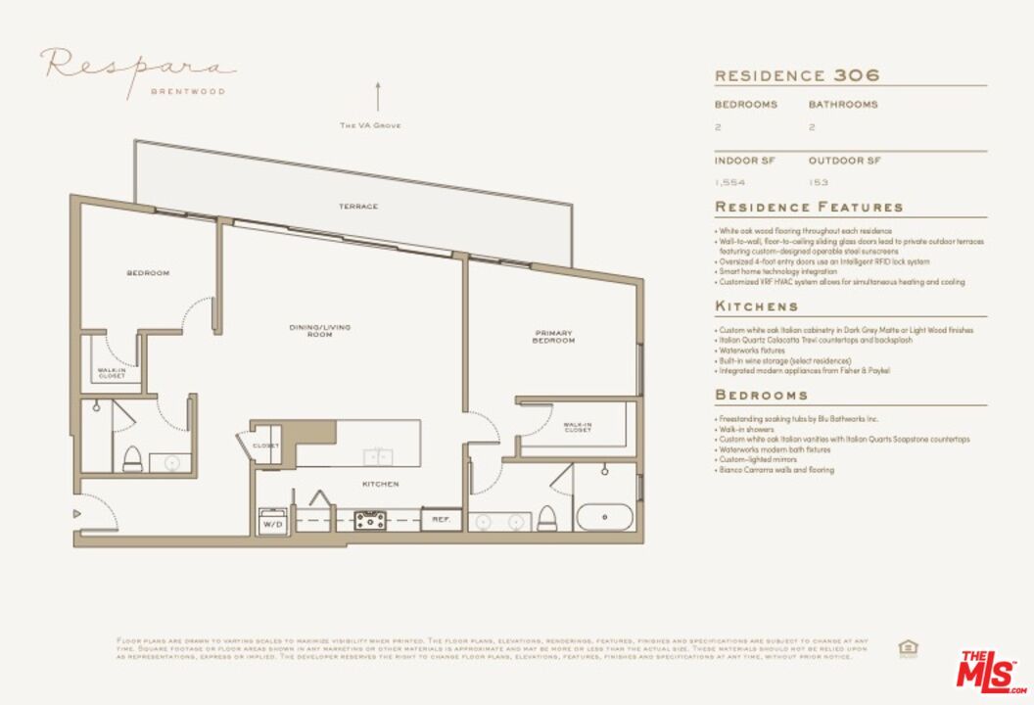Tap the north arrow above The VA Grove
coord(377,98)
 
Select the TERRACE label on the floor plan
coord(358,207)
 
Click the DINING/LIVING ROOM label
coord(319,331)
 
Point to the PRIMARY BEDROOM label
coord(553,337)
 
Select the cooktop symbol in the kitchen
coord(370,520)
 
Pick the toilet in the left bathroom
coord(132,458)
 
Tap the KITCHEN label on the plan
coord(380,484)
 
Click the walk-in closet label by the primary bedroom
coord(578,428)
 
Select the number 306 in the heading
coord(857,75)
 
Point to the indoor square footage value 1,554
coord(729,182)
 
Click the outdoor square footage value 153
coord(819,182)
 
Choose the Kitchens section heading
coord(756,306)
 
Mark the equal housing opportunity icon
coord(908,647)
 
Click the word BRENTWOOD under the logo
coord(187,92)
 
